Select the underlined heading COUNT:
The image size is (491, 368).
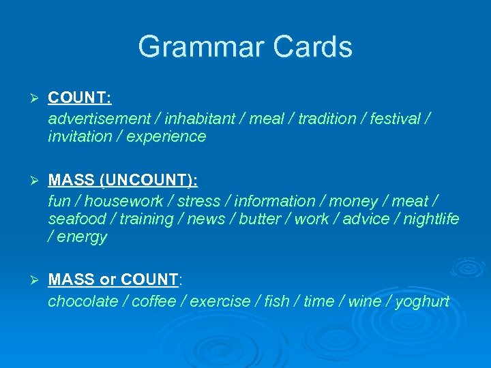pyautogui.click(x=80, y=98)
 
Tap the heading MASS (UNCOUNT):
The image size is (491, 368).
pyautogui.click(x=123, y=181)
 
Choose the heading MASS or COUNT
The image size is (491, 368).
pyautogui.click(x=113, y=279)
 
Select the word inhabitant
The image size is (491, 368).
pyautogui.click(x=198, y=119)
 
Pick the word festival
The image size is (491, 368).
pyautogui.click(x=395, y=119)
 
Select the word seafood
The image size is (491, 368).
pyautogui.click(x=77, y=219)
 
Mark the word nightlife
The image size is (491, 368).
pyautogui.click(x=431, y=219)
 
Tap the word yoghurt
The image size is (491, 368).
pyautogui.click(x=422, y=301)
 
